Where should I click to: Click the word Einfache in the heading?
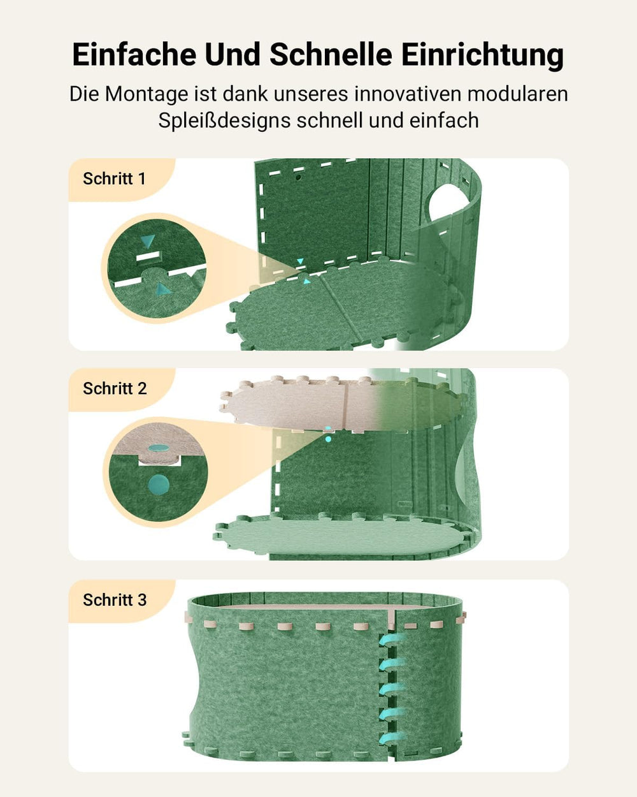coord(134,55)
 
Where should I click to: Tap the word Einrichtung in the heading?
coord(482,55)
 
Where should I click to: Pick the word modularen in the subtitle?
coord(517,94)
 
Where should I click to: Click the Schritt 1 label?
coord(115,179)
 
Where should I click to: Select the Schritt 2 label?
coord(115,388)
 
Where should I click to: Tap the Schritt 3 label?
coord(115,600)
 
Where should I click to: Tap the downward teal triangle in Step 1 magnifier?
coord(148,241)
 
